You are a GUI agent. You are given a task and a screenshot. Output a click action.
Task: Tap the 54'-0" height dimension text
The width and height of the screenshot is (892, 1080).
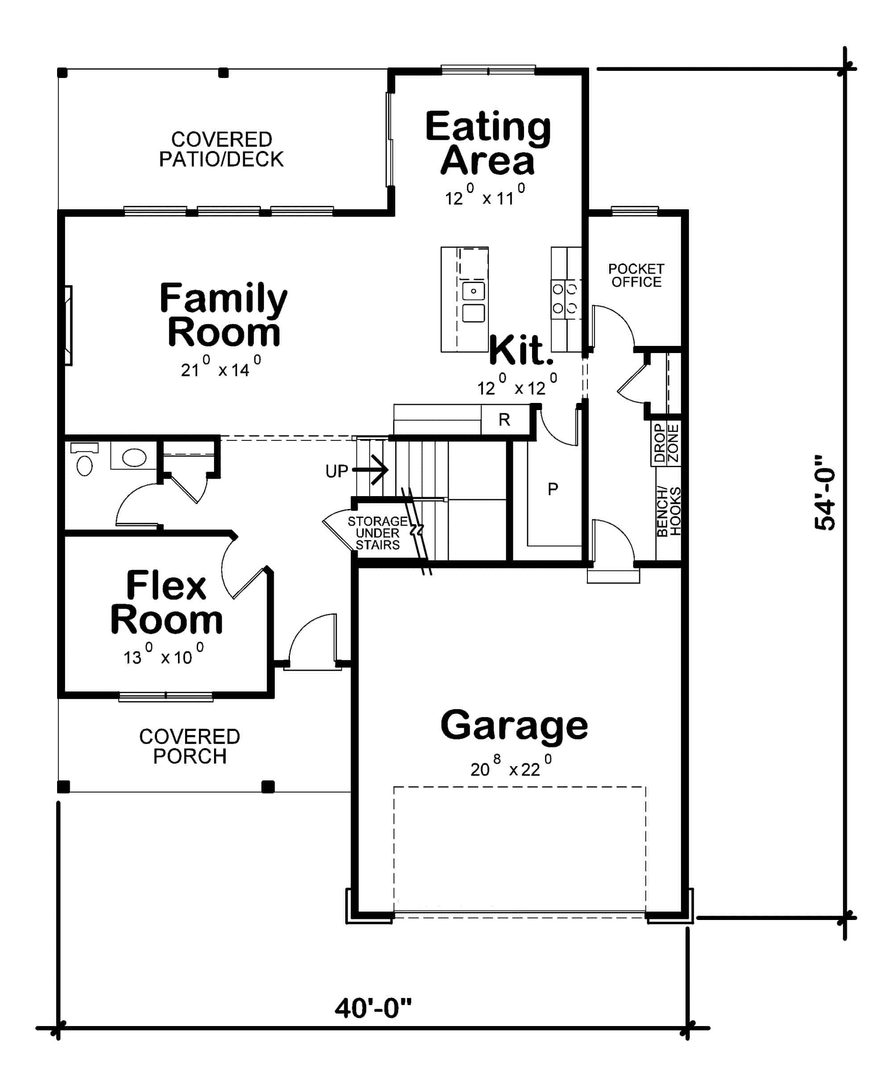point(825,493)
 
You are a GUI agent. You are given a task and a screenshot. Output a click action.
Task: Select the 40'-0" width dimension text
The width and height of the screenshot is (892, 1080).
point(373,1008)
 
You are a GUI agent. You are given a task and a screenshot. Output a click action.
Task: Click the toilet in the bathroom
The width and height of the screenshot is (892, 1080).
point(84,460)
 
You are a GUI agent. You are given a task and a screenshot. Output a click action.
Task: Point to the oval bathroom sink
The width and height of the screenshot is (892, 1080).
point(134,457)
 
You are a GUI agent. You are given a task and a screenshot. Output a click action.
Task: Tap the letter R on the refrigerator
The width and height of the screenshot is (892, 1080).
point(504,420)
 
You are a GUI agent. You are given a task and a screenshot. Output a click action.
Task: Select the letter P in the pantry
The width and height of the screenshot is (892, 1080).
point(552,489)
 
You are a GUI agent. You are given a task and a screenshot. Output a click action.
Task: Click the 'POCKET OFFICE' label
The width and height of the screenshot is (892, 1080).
point(636,275)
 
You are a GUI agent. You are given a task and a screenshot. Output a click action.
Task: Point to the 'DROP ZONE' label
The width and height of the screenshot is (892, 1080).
point(666,443)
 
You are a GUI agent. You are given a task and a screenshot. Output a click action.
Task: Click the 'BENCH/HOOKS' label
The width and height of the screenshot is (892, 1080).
point(669,512)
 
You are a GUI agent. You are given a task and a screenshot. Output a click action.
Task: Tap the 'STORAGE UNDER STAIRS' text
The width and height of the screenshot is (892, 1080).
point(378,533)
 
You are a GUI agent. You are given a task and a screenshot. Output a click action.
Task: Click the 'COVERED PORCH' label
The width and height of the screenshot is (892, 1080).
point(189,746)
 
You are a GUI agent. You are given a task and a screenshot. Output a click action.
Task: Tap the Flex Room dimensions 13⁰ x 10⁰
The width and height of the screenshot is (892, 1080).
point(163,656)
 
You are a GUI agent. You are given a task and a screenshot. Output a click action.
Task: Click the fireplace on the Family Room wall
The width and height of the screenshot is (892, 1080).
point(68,325)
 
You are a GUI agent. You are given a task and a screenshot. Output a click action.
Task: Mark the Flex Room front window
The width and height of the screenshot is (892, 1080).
point(165,697)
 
